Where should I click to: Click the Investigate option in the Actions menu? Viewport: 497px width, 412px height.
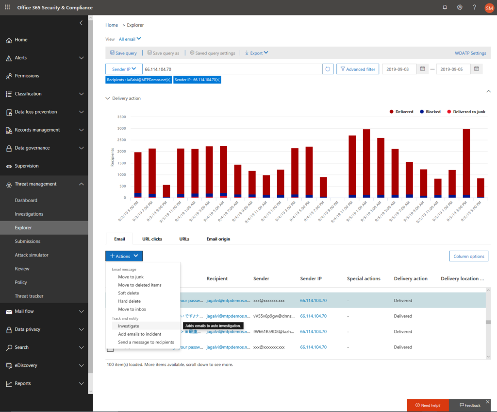129,326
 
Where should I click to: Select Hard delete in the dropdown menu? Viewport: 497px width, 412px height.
129,301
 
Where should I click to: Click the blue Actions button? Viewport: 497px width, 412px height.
124,256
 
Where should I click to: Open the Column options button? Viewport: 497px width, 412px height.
468,256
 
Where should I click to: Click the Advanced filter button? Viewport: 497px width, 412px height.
358,69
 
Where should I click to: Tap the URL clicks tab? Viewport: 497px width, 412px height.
152,239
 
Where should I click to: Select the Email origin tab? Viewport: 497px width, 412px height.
218,239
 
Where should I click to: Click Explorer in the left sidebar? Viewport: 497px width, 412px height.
23,227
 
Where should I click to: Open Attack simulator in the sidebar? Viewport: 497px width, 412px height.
32,255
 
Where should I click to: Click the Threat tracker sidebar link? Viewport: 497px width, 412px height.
29,296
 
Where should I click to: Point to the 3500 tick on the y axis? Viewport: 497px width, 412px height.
121,117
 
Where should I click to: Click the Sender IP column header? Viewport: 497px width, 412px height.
311,279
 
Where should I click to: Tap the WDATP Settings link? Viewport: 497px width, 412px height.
470,53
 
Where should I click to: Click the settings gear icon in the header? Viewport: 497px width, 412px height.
460,7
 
